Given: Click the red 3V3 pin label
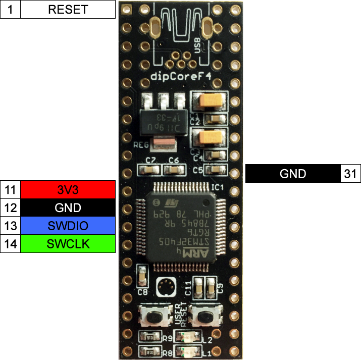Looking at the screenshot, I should pos(68,190).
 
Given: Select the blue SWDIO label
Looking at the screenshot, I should pos(68,226).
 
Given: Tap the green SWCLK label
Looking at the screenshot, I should pos(68,244).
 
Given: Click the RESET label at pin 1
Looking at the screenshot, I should pos(68,10).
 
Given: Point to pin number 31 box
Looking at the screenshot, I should pos(350,174).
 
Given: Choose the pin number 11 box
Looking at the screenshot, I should pos(11,190).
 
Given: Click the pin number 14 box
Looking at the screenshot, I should pos(11,244).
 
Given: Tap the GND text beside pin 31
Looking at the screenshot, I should pos(293,174).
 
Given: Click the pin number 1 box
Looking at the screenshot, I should pos(11,10).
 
